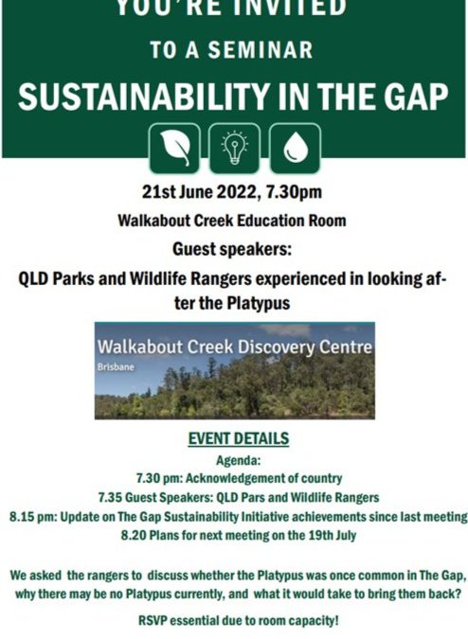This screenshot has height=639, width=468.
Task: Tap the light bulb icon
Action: [x=234, y=148]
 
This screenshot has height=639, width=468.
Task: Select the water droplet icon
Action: [x=296, y=148]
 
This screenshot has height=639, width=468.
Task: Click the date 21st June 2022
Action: [x=196, y=193]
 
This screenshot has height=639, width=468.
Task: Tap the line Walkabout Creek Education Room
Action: [x=232, y=222]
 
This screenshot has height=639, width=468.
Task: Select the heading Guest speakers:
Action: [x=233, y=250]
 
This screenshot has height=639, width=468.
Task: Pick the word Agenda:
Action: [x=233, y=460]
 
